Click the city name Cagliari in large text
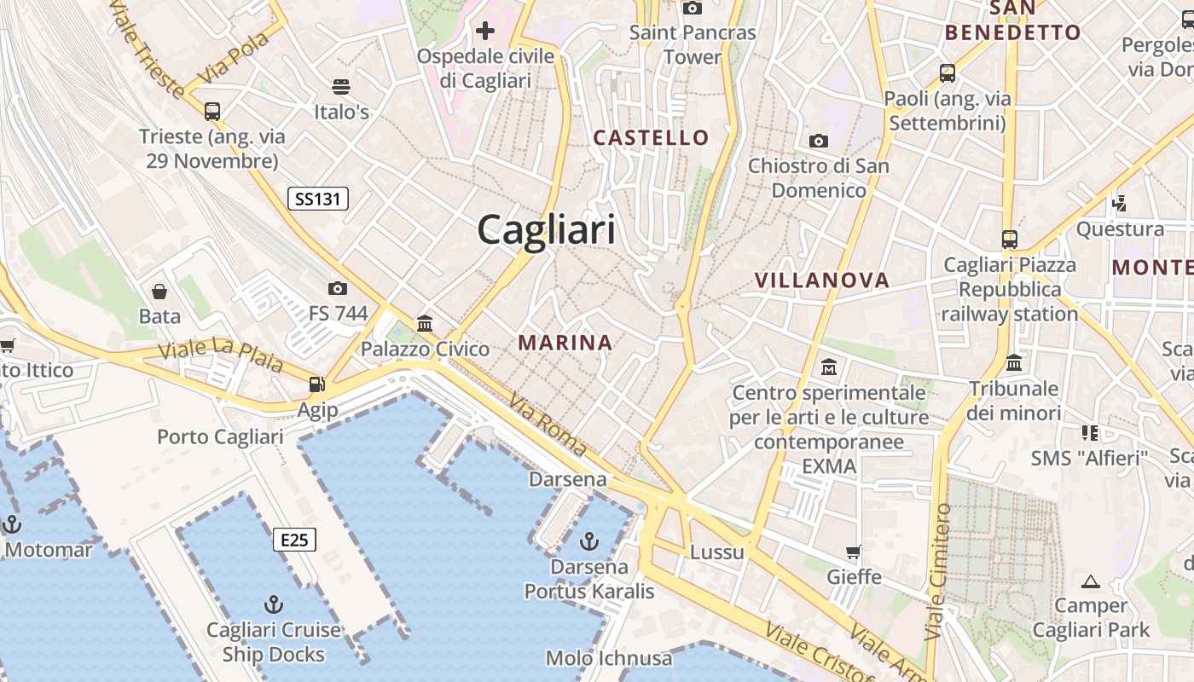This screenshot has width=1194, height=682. tap(546, 230)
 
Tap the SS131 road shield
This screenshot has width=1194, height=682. tap(318, 199)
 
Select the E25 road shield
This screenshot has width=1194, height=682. tap(295, 539)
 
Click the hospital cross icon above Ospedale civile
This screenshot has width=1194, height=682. tap(485, 32)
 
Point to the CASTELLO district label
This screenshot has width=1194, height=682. tap(651, 137)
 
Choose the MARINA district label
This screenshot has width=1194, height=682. tap(565, 343)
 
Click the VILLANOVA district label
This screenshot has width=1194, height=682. tap(822, 280)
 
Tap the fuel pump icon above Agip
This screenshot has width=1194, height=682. tap(317, 384)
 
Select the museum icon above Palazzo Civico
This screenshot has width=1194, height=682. tap(425, 323)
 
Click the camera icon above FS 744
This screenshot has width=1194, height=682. tap(338, 288)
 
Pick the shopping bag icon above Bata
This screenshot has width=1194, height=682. tap(159, 292)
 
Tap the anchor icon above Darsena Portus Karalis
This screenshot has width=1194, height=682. tap(588, 540)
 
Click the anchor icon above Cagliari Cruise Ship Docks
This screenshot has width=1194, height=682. tap(273, 604)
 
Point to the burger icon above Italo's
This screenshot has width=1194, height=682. tap(341, 86)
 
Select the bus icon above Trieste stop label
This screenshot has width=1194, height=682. tap(212, 111)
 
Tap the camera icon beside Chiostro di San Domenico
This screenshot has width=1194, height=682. tap(819, 141)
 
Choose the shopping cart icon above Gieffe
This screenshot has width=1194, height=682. tap(854, 552)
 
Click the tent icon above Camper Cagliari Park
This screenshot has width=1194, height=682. tap(1090, 582)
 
